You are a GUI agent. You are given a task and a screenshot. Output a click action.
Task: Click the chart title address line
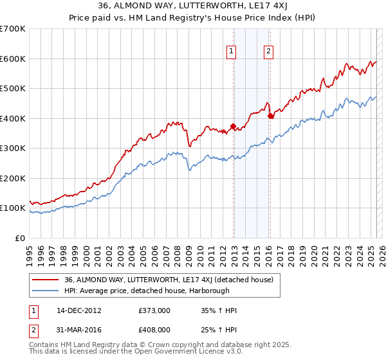click(x=193, y=5)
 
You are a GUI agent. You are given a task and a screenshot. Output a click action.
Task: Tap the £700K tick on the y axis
click(x=13, y=29)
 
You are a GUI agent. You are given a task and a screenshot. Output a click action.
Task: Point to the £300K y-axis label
click(x=13, y=148)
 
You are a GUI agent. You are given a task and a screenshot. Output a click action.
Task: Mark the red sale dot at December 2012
click(x=234, y=127)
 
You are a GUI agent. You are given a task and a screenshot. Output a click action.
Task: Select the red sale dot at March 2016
click(x=271, y=116)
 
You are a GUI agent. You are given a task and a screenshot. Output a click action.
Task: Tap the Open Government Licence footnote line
click(x=135, y=352)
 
